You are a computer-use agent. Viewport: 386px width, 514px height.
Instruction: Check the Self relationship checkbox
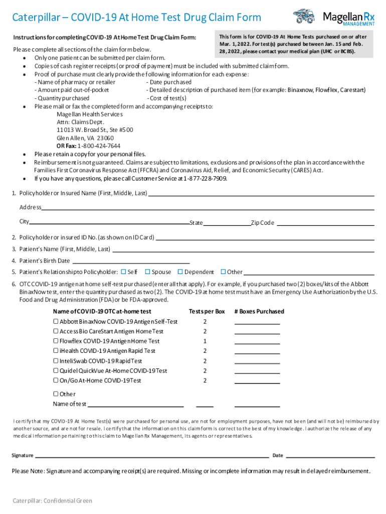pos(124,272)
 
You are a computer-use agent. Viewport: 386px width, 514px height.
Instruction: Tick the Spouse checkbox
pos(147,272)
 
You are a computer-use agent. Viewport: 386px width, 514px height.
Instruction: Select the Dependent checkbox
pos(180,272)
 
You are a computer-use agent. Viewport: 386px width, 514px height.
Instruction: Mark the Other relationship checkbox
pos(223,272)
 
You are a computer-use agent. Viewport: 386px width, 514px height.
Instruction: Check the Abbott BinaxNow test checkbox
pos(56,321)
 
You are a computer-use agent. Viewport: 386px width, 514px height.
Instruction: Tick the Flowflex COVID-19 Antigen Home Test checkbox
pos(56,341)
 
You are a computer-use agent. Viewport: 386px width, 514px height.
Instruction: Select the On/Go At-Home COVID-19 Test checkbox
pos(56,380)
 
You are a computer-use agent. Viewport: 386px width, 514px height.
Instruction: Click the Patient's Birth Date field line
pos(131,261)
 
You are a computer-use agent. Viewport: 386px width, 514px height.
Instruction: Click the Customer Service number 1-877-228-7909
pos(205,178)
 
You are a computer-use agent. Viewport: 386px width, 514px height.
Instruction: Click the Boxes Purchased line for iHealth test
pos(257,351)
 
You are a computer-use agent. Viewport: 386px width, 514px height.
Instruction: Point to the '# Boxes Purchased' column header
pos(259,311)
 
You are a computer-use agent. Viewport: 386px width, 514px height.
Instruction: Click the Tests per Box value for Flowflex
pos(205,341)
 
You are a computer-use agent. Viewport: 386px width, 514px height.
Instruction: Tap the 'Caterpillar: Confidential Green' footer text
pos(53,500)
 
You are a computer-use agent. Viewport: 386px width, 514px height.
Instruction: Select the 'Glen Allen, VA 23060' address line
pos(85,138)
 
